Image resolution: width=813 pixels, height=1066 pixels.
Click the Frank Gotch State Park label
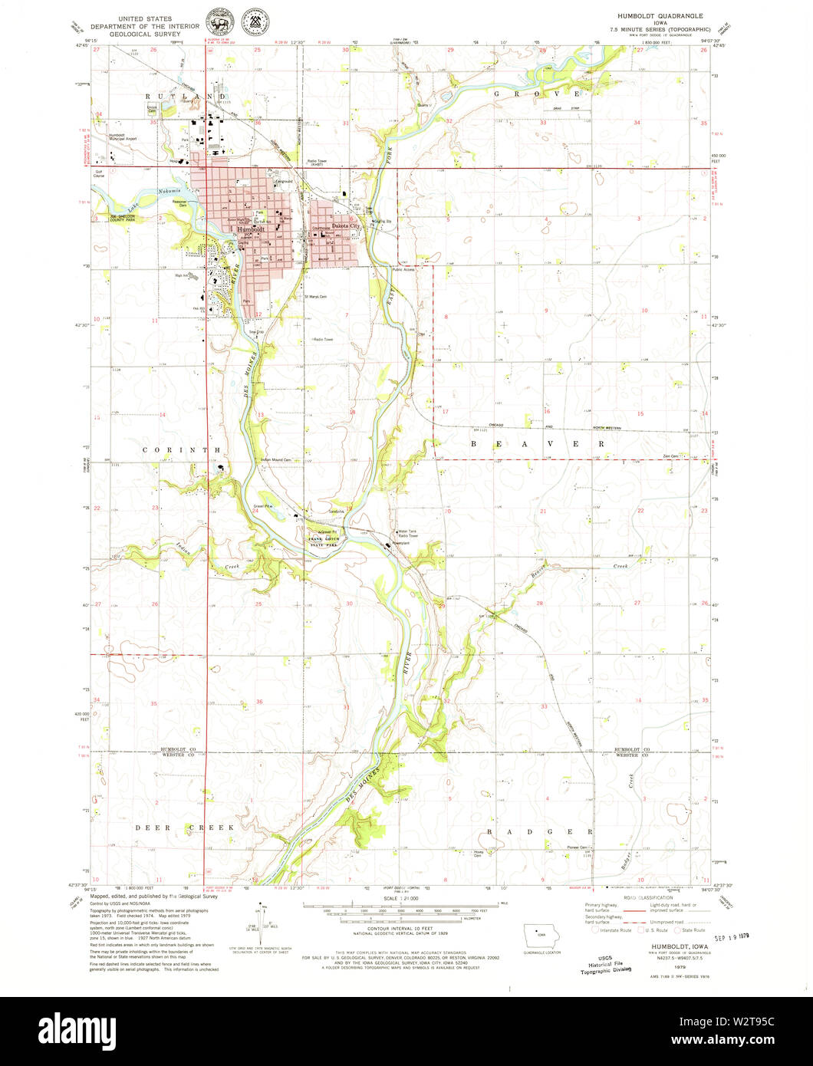[x=324, y=539]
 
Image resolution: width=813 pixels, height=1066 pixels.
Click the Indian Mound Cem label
[x=276, y=460]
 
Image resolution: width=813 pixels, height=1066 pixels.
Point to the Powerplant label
[x=403, y=543]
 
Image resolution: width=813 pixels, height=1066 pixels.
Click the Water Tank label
[x=404, y=531]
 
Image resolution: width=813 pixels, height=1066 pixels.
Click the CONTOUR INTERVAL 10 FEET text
[x=393, y=928]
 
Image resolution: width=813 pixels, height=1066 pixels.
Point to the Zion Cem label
[x=672, y=456]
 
